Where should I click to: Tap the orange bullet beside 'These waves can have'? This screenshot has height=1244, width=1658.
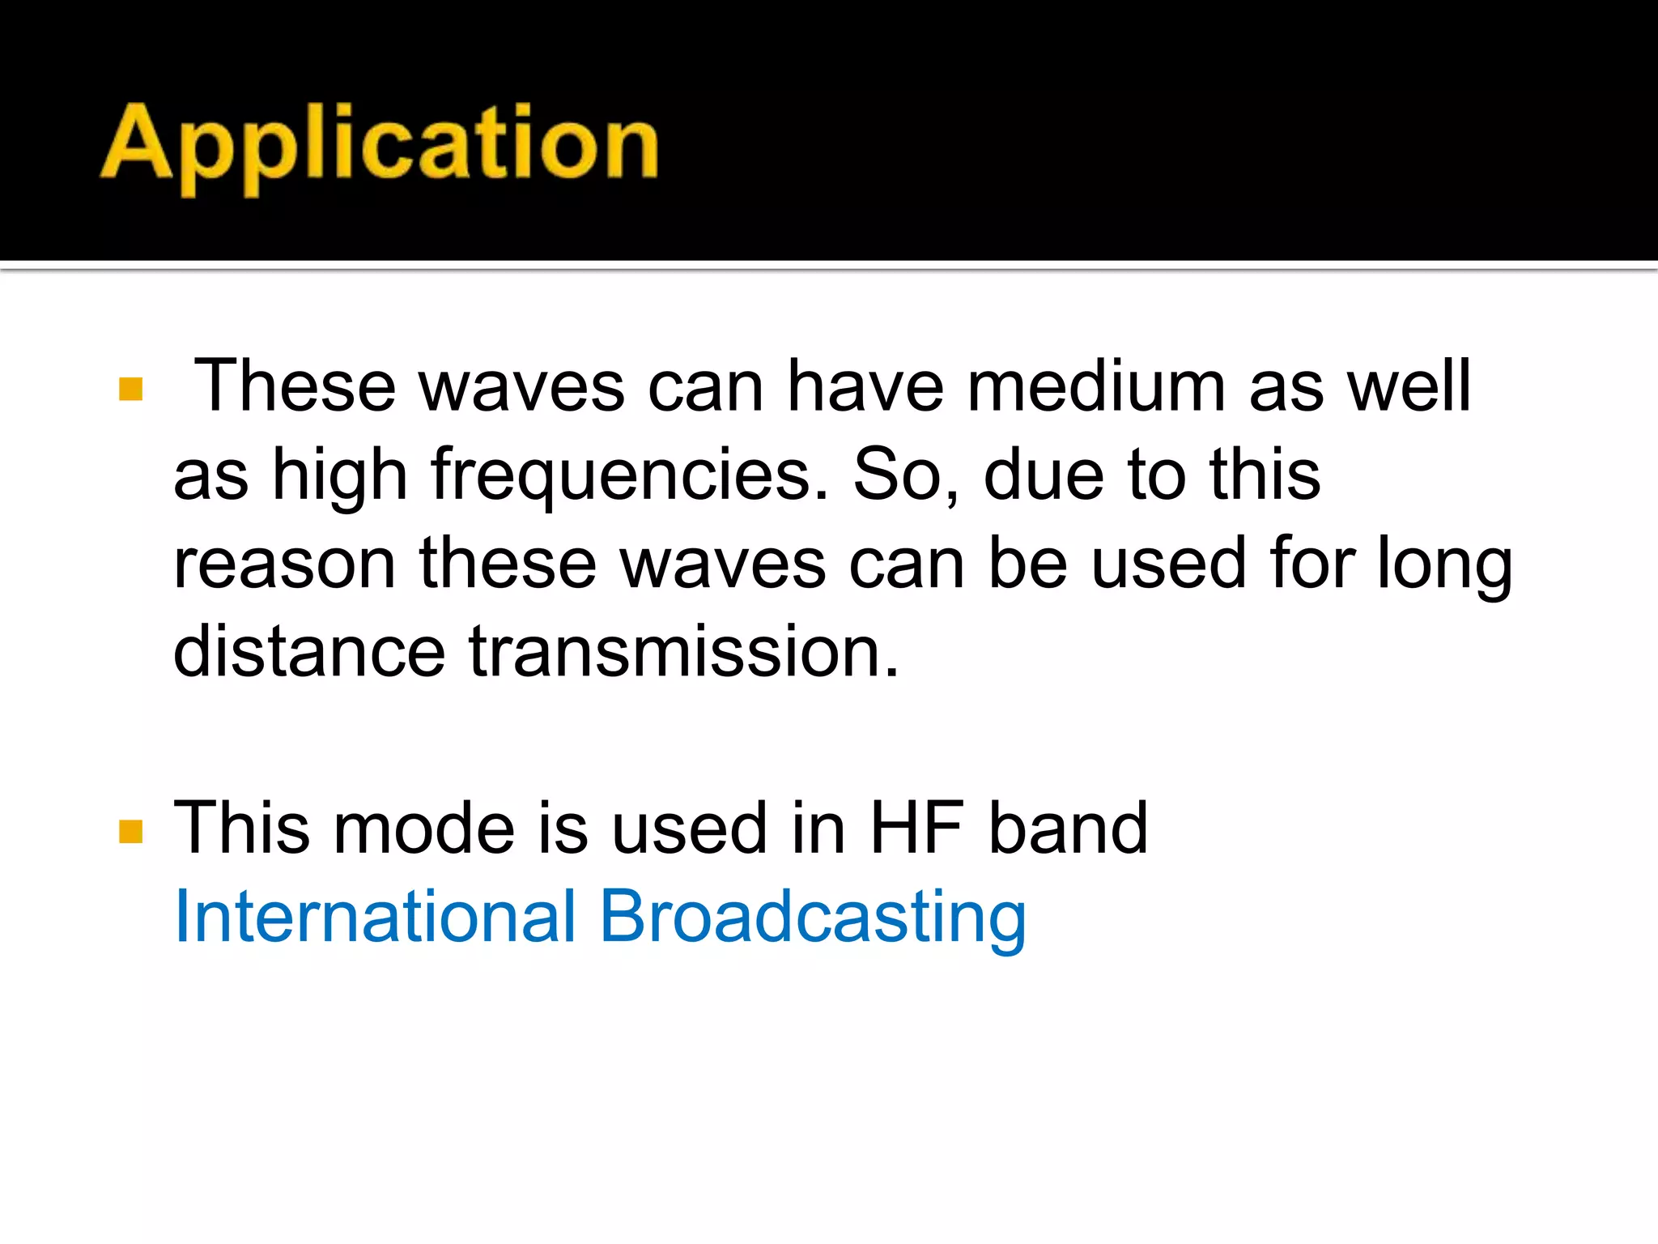[x=130, y=390]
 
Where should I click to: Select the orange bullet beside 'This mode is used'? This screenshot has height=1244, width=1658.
[x=130, y=831]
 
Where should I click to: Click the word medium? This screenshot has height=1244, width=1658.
[x=1096, y=386]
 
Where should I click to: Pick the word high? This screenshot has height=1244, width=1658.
[x=339, y=477]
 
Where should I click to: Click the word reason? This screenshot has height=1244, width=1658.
[x=284, y=564]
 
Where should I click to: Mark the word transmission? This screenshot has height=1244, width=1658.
[x=684, y=652]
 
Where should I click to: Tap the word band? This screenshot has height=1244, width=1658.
[x=1069, y=829]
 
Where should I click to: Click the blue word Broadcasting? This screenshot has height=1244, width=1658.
[x=813, y=918]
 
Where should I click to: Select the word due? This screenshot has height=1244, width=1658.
[x=1044, y=475]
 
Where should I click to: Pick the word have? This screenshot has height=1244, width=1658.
[x=865, y=386]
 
